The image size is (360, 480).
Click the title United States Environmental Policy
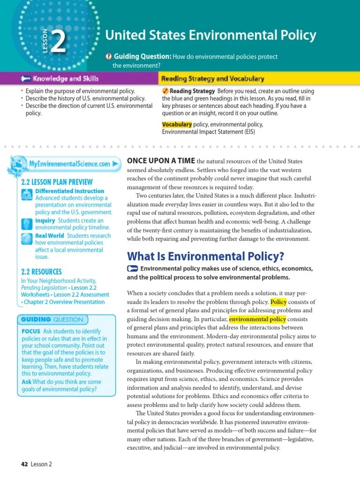point(210,35)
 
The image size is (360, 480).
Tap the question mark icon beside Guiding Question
point(108,57)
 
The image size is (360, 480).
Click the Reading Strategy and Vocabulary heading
point(212,79)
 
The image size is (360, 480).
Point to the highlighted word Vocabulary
point(177,124)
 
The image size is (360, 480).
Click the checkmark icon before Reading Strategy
point(165,91)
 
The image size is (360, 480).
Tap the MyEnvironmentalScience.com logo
point(66,164)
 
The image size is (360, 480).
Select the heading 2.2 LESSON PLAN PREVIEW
point(57,182)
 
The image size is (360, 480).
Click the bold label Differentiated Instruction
point(70,191)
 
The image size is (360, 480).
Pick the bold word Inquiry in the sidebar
point(45,220)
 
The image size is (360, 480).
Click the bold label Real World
point(50,235)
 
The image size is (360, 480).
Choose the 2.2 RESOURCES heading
point(41,271)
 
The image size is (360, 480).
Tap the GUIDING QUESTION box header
point(52,320)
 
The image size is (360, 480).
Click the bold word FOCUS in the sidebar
point(31,331)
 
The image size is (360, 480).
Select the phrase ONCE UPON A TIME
point(161,160)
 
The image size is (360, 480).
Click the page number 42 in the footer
point(25,464)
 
